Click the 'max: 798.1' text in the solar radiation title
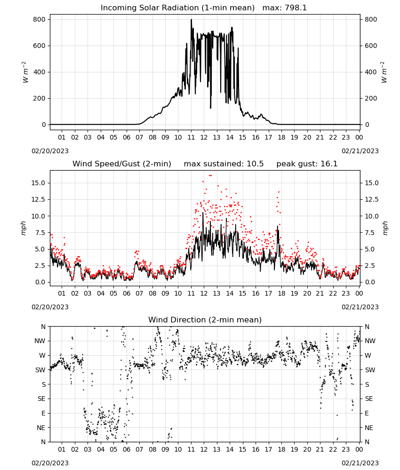tap(285, 8)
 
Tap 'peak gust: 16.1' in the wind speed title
tap(307, 164)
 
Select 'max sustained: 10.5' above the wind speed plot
tap(224, 164)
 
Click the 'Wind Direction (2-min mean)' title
tap(205, 320)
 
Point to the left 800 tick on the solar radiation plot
tap(40, 19)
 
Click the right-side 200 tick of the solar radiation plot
tap(371, 98)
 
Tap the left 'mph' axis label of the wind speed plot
tap(24, 228)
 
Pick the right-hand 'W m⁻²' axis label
tap(384, 72)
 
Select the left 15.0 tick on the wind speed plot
tap(39, 183)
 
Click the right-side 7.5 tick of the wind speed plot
tap(370, 233)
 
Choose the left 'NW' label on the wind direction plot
tap(40, 341)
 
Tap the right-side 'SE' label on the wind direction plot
tap(369, 399)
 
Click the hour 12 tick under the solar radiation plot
tap(204, 138)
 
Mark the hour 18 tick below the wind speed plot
tap(281, 293)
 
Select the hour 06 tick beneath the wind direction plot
tap(127, 450)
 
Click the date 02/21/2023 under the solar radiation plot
tap(360, 151)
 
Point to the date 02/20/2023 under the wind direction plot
tap(50, 463)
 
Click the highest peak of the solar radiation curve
tap(191, 20)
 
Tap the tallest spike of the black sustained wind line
tap(203, 213)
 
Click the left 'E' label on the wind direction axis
tap(43, 413)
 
